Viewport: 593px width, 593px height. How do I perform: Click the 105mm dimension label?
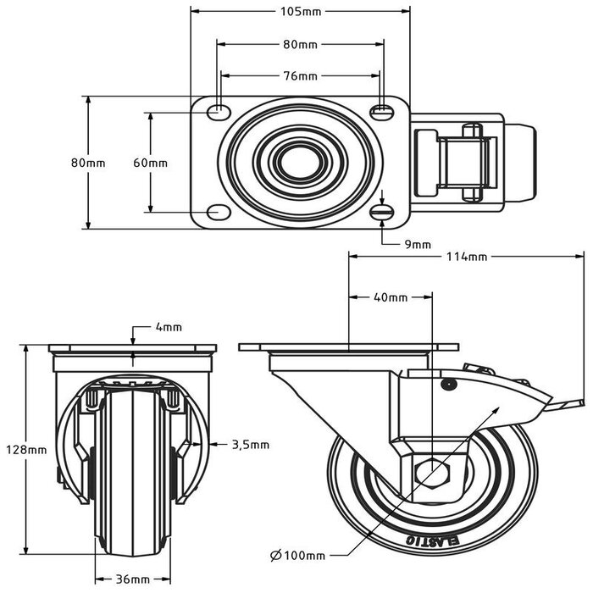300,13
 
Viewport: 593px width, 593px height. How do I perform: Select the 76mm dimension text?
300,75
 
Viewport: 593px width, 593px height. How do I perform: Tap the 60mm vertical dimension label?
151,162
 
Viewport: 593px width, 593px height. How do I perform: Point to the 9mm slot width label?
417,244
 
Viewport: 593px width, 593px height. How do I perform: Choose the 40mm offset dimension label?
391,297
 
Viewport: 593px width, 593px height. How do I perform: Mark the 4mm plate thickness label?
168,326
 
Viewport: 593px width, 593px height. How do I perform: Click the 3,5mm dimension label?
250,443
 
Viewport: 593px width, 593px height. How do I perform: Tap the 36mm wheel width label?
130,579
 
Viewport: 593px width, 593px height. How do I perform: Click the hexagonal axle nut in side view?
433,471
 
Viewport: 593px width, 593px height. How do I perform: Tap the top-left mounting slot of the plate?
219,109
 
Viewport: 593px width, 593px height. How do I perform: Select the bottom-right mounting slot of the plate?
383,211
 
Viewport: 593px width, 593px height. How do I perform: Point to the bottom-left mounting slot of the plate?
219,211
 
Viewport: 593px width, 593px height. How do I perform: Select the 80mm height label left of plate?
88,162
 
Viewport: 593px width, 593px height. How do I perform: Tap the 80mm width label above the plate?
300,43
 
